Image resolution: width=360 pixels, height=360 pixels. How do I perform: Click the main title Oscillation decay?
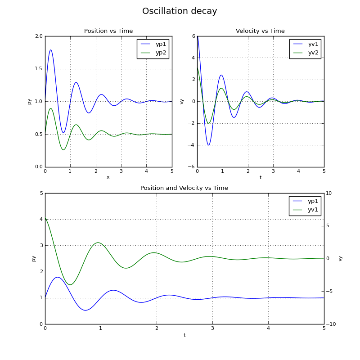[x=180, y=11]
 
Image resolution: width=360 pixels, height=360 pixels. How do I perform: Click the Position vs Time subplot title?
[x=108, y=31]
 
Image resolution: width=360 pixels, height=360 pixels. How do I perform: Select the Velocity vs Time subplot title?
[x=260, y=31]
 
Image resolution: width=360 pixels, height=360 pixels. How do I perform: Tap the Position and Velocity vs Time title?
[x=184, y=188]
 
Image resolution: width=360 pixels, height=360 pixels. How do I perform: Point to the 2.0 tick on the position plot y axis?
[x=39, y=36]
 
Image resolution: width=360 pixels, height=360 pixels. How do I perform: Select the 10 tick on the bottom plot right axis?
[x=329, y=193]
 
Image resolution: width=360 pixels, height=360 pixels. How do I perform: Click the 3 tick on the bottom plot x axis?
[x=212, y=329]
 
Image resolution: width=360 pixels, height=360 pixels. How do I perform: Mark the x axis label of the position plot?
[x=108, y=177]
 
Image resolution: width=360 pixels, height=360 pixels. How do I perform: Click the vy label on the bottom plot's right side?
[x=340, y=258]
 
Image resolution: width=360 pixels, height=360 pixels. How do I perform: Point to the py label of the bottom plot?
[x=34, y=258]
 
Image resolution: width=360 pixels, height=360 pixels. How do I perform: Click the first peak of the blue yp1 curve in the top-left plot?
[x=50, y=50]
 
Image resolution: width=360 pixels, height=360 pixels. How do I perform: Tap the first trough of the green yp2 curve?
[x=63, y=150]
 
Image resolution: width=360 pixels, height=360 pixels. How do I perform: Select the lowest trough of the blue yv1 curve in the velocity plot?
[x=208, y=145]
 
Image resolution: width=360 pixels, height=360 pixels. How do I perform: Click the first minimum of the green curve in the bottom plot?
[x=70, y=284]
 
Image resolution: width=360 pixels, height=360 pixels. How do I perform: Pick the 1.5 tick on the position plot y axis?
[x=39, y=69]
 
